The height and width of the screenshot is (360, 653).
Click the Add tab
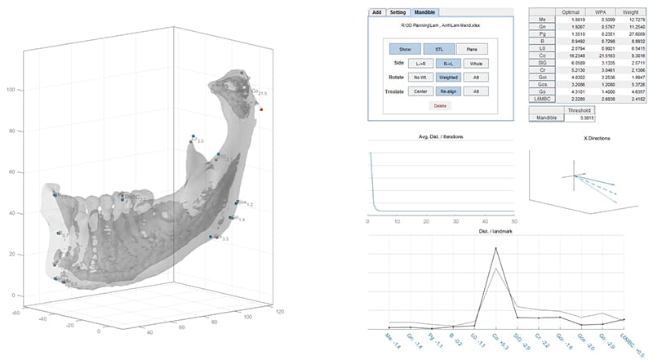(x=376, y=12)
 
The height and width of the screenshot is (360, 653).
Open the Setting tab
(x=398, y=12)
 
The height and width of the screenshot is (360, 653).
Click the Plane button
(x=472, y=50)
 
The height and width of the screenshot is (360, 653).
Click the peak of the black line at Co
(x=495, y=248)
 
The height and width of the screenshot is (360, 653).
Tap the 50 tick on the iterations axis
(x=514, y=221)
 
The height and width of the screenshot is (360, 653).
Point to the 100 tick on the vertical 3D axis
(x=11, y=89)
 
